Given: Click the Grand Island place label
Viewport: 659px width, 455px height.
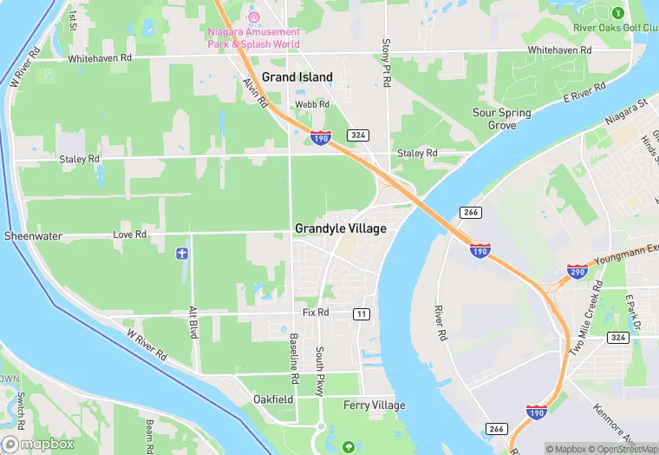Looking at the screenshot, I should (x=297, y=77).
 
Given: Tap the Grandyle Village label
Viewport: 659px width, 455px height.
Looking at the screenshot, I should (x=340, y=229).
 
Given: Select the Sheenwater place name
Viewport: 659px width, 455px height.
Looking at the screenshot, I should (x=33, y=235).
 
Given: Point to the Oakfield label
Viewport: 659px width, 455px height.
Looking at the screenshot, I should (x=273, y=399).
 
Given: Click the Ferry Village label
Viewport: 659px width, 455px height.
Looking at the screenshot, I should (x=375, y=406).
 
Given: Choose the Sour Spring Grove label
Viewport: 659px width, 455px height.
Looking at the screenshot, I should (x=502, y=119).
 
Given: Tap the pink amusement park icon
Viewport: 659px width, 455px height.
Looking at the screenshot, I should (x=254, y=16).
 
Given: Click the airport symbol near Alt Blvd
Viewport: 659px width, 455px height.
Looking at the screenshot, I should (x=182, y=253).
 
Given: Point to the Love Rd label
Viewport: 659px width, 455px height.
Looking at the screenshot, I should (x=129, y=234).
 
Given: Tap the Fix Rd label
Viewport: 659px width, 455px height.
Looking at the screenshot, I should (x=316, y=312).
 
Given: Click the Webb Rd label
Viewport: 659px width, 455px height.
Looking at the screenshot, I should (x=312, y=104).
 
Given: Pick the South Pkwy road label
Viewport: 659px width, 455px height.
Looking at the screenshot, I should (x=320, y=372).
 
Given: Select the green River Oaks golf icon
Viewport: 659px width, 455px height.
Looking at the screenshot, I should (x=617, y=13).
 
